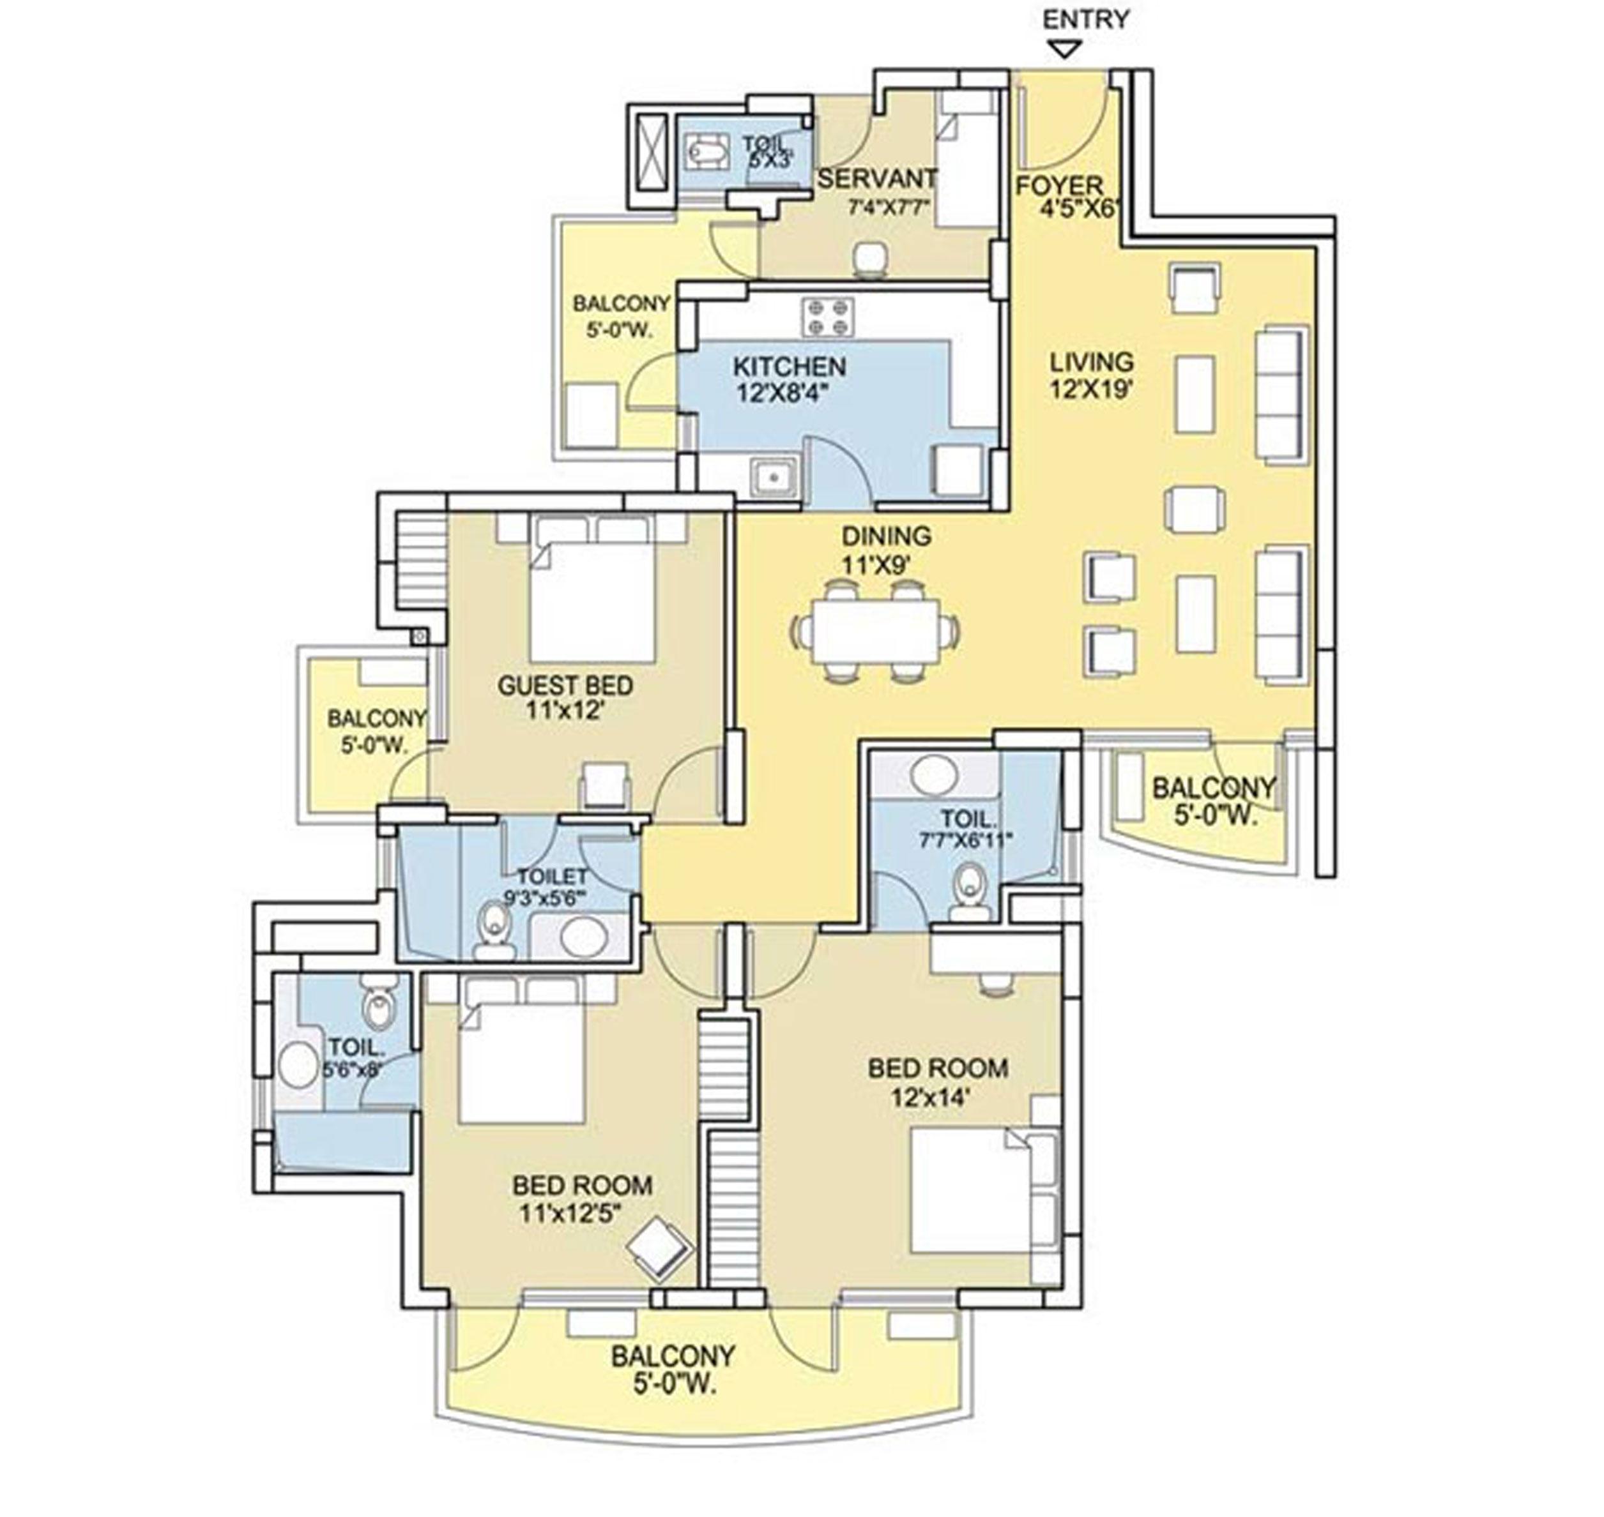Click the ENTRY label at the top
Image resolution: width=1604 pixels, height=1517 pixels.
[x=1085, y=19]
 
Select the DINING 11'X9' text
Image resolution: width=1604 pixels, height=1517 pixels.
[x=886, y=550]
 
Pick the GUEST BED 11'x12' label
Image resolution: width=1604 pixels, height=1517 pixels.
[x=565, y=698]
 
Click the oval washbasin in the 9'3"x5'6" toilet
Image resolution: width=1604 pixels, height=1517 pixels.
[x=584, y=938]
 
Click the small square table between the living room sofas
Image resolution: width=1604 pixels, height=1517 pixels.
[x=1194, y=509]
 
